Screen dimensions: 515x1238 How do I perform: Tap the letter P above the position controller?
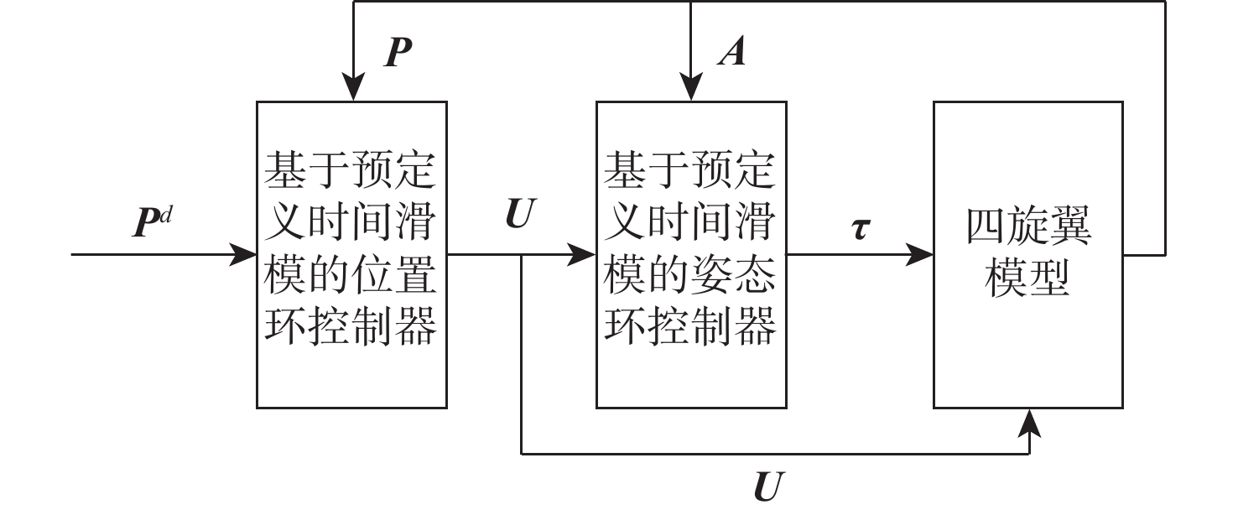[x=398, y=54]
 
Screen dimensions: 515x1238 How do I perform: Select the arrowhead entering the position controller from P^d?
[x=244, y=253]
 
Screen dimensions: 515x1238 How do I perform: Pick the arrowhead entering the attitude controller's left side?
[x=583, y=253]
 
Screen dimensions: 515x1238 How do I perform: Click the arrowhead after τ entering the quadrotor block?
[x=921, y=253]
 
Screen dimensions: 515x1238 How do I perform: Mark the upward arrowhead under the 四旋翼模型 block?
[x=1030, y=423]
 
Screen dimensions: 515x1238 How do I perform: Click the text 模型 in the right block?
[x=1028, y=278]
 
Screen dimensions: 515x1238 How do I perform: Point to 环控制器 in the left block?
[x=351, y=329]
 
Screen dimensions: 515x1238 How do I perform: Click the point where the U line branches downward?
[x=522, y=253]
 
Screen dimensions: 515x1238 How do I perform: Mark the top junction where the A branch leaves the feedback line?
[x=690, y=2]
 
